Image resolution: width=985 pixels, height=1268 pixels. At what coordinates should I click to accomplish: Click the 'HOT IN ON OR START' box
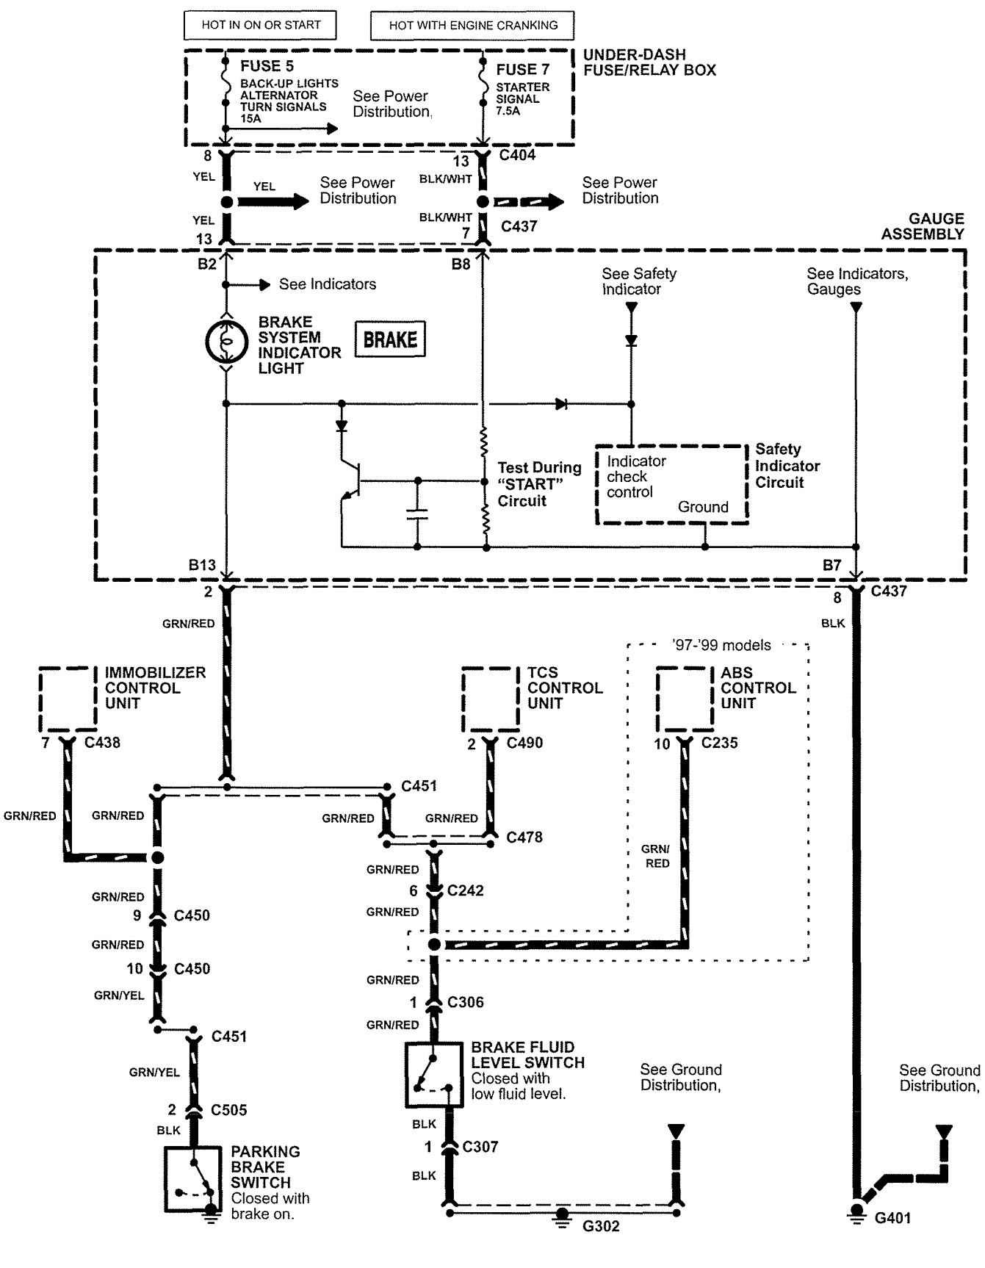[261, 25]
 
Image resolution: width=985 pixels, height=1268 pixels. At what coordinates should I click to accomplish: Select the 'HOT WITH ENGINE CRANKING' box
[472, 26]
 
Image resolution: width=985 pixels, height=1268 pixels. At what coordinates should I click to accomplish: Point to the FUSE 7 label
[522, 70]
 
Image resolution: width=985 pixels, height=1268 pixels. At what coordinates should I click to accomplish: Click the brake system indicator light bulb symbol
[226, 340]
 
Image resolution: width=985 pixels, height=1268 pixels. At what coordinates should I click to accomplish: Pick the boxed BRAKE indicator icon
[390, 339]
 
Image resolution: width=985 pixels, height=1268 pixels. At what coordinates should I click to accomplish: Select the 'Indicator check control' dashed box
[671, 484]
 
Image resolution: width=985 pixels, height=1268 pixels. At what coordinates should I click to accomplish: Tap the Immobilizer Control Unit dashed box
[68, 699]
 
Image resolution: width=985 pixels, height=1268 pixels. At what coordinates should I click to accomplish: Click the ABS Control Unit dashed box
[685, 699]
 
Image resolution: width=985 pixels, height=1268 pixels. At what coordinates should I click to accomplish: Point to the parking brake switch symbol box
[193, 1180]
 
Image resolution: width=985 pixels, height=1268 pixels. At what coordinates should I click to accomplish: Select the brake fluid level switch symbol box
[433, 1074]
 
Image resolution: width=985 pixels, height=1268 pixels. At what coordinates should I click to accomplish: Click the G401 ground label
[892, 1218]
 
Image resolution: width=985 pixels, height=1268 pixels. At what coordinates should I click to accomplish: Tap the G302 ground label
[601, 1226]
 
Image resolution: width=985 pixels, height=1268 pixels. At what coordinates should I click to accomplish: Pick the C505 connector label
[229, 1109]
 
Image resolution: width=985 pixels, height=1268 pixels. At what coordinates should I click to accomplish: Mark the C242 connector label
[466, 890]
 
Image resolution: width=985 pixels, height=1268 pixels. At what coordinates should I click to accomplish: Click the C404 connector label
[517, 155]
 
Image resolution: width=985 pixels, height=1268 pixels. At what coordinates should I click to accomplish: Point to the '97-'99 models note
[721, 645]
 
